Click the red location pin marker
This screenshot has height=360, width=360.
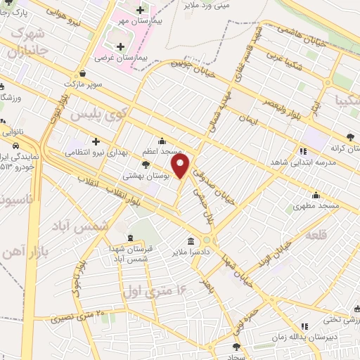point(181,165)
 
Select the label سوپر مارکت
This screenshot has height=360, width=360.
point(84,84)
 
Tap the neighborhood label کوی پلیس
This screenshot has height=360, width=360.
point(121,112)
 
